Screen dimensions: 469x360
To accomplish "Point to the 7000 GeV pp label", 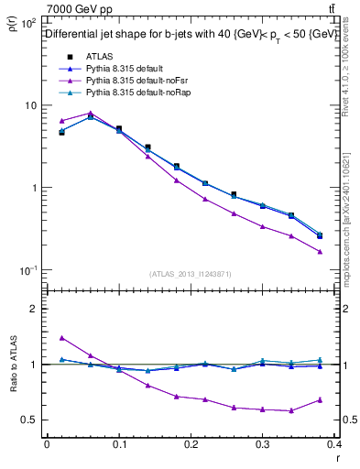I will [x=75, y=9].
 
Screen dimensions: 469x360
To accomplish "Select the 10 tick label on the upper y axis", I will [x=29, y=105].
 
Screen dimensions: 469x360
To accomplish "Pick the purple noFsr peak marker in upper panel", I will [x=90, y=114].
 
